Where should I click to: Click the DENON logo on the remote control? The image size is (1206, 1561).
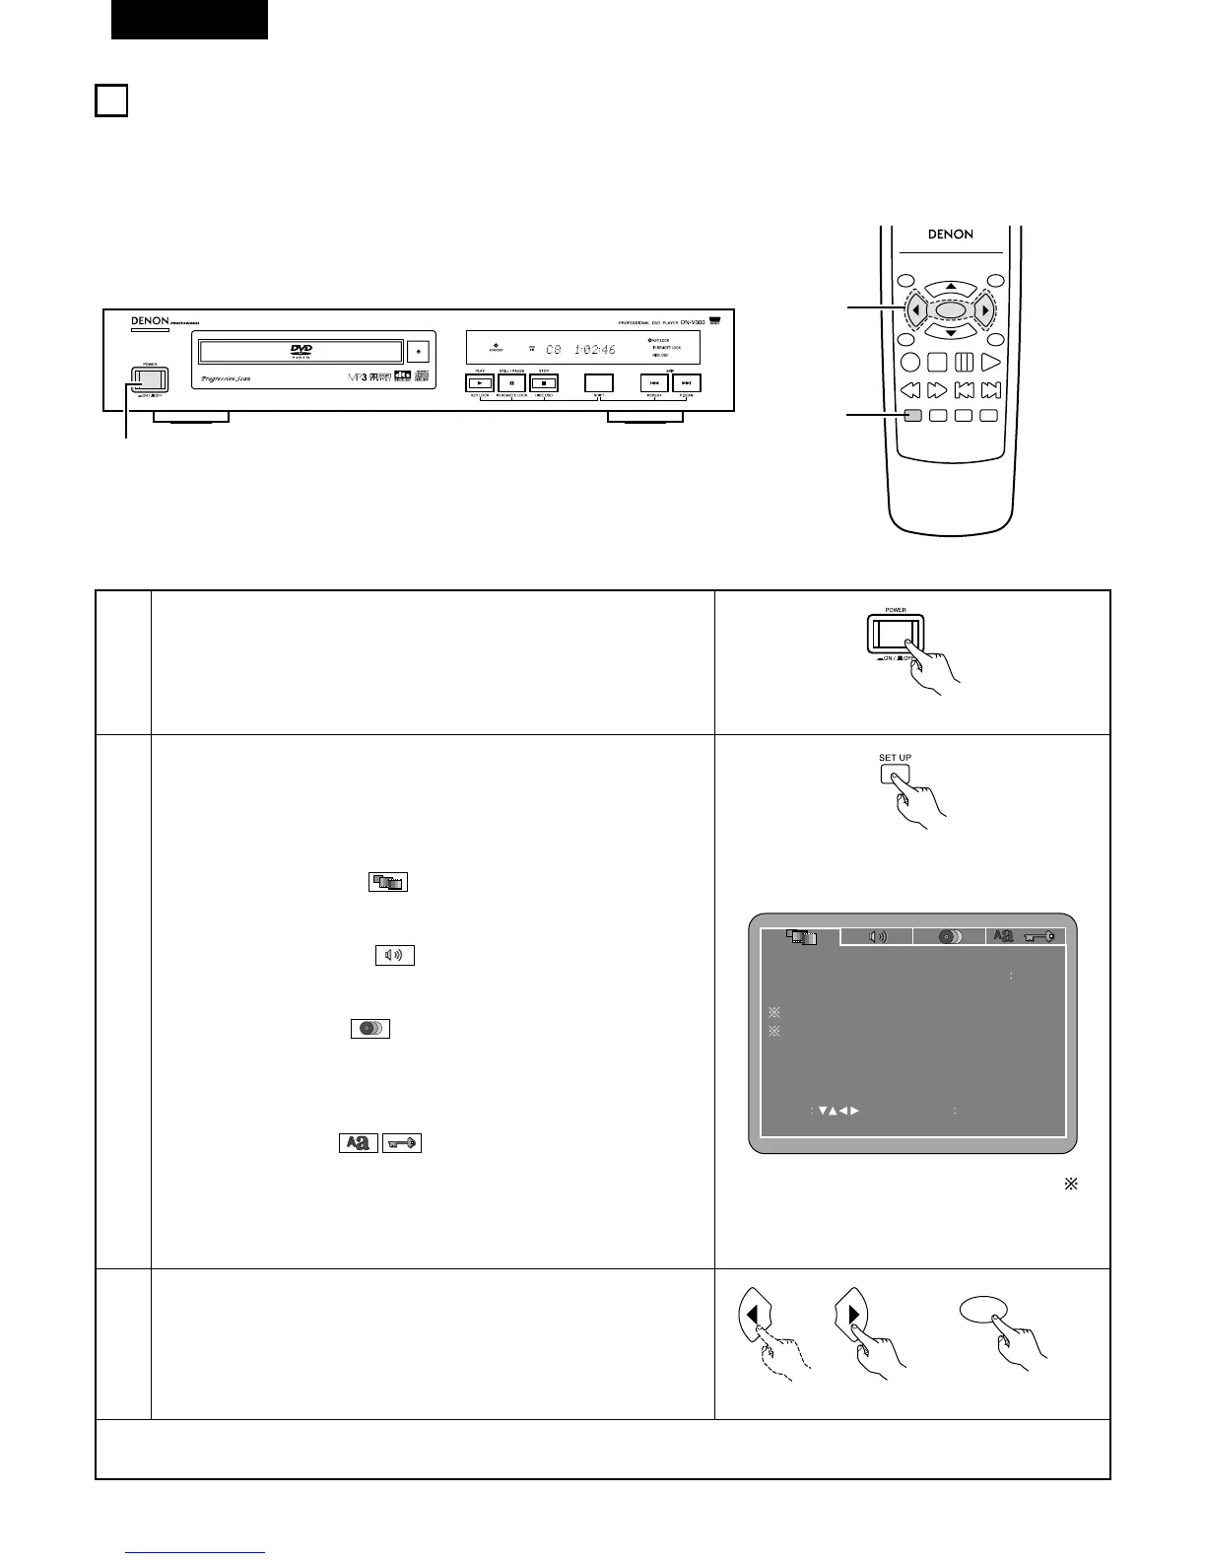tap(950, 235)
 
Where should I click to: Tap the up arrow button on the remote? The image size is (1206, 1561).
tap(950, 286)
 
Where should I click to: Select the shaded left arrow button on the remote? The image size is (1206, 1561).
tap(915, 310)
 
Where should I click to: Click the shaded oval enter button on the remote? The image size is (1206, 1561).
tap(950, 310)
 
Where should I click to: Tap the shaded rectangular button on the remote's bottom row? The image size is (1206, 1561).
tap(912, 416)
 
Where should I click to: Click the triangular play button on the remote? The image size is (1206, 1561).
tap(990, 363)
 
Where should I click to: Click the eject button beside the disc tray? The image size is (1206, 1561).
tap(419, 350)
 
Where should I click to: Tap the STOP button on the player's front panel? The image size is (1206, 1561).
tap(544, 382)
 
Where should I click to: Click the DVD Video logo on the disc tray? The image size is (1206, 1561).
tap(301, 352)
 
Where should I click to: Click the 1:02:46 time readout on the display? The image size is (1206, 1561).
tap(595, 350)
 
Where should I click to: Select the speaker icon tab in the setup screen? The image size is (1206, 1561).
tap(876, 936)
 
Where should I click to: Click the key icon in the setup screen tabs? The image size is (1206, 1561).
tap(1039, 936)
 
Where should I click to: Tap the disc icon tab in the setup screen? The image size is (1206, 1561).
tap(950, 936)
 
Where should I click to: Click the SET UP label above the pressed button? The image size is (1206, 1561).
tap(895, 758)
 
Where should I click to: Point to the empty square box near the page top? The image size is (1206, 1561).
tap(111, 101)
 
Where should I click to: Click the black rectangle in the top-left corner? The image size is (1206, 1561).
tap(189, 20)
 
